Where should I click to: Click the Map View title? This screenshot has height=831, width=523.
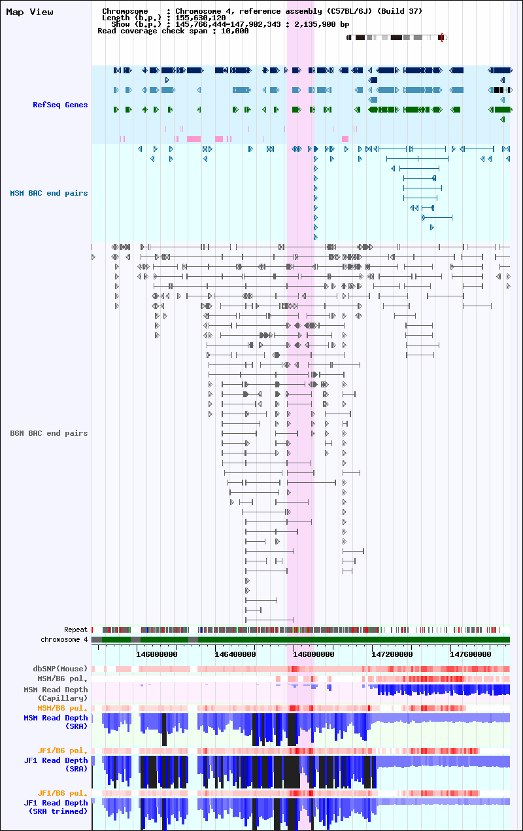tap(29, 12)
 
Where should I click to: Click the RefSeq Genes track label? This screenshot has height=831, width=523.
tap(60, 105)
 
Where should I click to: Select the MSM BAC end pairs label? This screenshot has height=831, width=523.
tap(49, 193)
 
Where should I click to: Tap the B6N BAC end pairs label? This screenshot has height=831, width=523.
tap(49, 433)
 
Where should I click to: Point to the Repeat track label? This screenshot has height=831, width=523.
tap(76, 629)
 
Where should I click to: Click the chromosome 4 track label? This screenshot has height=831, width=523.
tap(64, 639)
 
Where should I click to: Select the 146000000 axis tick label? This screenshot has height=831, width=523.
tap(157, 654)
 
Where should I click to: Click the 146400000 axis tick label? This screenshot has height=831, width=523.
tap(235, 654)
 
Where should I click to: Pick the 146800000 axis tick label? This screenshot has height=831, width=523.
tap(314, 654)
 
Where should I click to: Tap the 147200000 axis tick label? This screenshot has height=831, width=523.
tap(392, 654)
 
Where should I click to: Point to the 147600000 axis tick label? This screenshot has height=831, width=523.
tap(471, 654)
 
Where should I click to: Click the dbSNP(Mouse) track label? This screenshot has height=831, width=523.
tap(60, 669)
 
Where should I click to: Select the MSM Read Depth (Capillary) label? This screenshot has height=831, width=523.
tap(56, 694)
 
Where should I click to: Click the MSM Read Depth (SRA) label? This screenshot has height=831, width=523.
tap(56, 722)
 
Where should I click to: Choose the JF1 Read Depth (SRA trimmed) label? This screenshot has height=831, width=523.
tap(56, 807)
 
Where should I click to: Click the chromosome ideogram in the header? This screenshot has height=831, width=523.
tap(397, 37)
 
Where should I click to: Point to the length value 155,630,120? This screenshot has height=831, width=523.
tap(201, 18)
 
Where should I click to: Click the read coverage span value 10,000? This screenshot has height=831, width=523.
tap(235, 31)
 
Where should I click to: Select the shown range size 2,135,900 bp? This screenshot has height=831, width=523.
tap(322, 24)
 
